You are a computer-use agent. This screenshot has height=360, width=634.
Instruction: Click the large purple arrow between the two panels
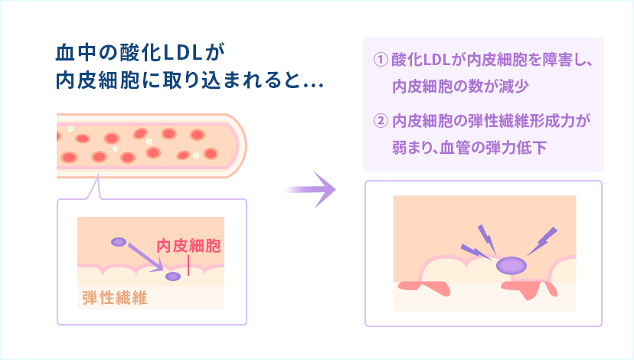312,189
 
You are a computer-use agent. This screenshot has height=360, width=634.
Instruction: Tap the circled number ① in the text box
378,60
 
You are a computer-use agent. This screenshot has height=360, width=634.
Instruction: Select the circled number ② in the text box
378,121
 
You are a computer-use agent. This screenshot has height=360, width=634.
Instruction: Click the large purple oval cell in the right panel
511,266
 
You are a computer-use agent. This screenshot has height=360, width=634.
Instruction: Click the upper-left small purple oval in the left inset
119,242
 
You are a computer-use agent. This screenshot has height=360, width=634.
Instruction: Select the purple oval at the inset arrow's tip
173,276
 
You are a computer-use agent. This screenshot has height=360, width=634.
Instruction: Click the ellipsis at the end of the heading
312,83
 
